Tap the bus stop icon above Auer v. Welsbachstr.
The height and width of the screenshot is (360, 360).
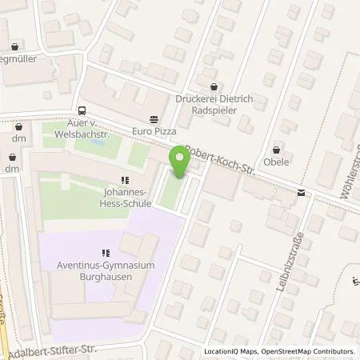point(82,111)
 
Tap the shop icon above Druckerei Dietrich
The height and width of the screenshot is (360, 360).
point(212,87)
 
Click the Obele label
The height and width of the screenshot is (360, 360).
point(277,161)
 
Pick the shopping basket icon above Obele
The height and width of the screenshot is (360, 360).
point(277,148)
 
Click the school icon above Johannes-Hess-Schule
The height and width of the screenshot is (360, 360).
point(123,180)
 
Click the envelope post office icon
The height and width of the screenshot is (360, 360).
point(301,192)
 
